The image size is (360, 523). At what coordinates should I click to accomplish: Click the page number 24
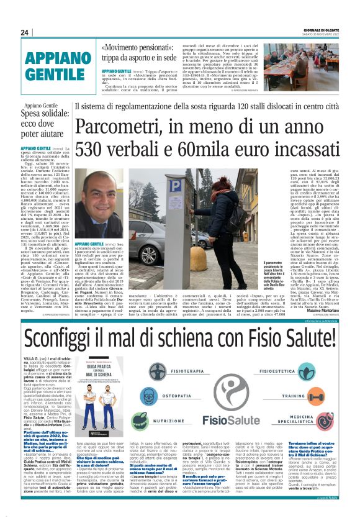tap(25, 32)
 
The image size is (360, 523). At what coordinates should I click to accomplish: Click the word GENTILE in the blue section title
tap(55, 75)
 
